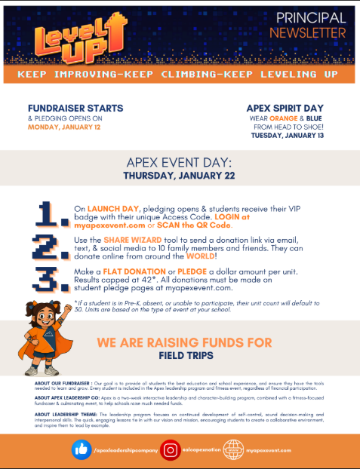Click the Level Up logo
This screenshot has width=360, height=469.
[x=62, y=36]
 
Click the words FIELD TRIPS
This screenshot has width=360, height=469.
[x=184, y=354]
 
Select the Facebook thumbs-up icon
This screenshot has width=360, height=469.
[x=82, y=449]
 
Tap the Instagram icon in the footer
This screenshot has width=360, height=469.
[x=171, y=449]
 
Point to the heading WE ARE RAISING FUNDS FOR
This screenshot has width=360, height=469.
[x=184, y=342]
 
